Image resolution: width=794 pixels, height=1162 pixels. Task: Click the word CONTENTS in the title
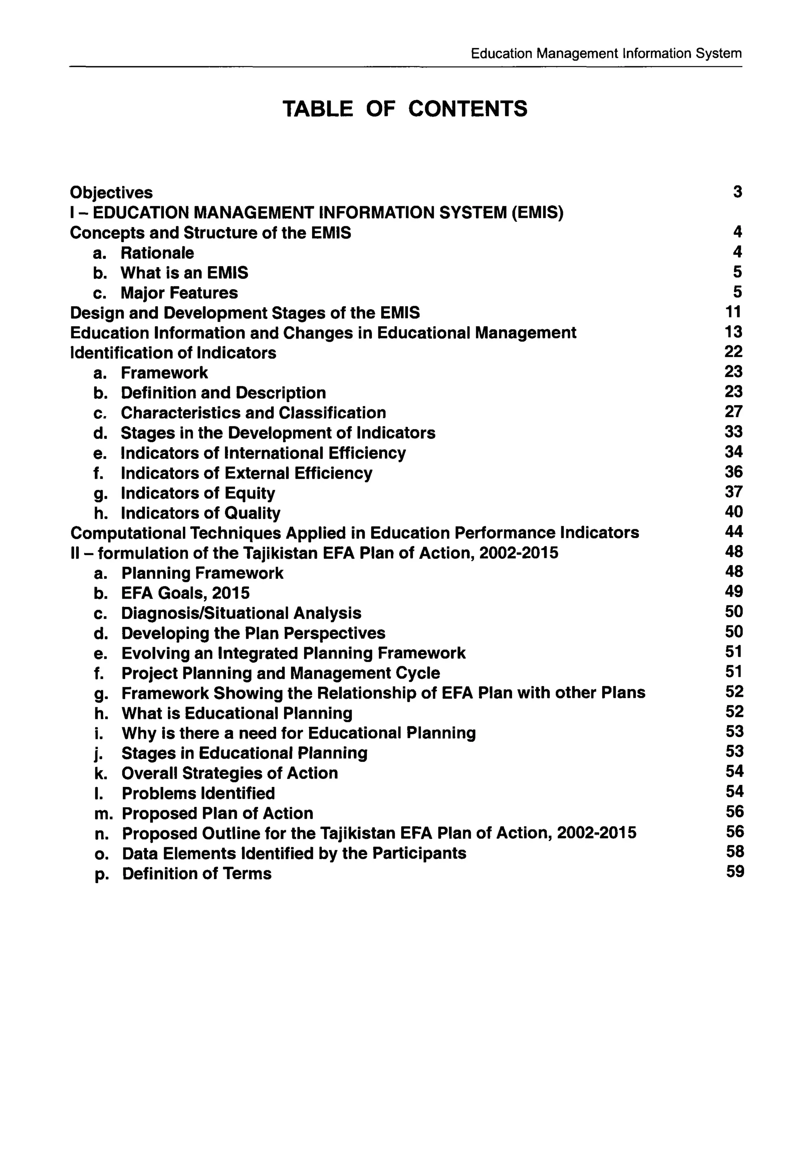tap(467, 109)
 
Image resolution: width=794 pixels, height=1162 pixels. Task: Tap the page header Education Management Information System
tap(606, 54)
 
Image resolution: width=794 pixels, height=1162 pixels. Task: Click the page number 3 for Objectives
tap(737, 192)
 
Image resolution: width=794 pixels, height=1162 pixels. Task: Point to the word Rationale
tap(157, 253)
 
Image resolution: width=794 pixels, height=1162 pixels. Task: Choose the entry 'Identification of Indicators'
tap(173, 353)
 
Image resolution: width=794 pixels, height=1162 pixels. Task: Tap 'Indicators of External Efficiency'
tap(246, 473)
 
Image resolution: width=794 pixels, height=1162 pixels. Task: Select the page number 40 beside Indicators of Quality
tap(734, 512)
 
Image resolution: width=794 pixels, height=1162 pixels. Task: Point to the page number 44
tap(734, 532)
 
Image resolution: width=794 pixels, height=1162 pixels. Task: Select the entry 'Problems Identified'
tap(198, 793)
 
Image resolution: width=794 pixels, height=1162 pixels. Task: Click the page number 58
tap(735, 852)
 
